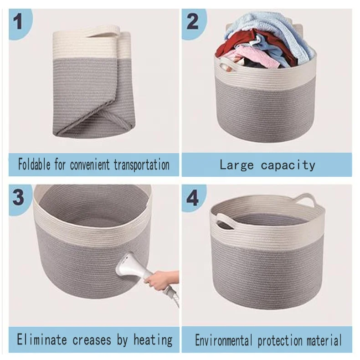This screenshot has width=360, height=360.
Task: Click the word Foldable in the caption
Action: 34,164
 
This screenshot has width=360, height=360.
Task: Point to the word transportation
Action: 142,165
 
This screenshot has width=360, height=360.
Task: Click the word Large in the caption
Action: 237,165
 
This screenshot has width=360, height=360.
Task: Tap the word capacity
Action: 288,165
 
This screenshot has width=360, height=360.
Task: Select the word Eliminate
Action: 42,339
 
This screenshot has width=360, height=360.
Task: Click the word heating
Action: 153,340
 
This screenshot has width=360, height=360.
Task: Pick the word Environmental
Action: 223,340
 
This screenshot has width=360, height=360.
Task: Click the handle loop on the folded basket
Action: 103,31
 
